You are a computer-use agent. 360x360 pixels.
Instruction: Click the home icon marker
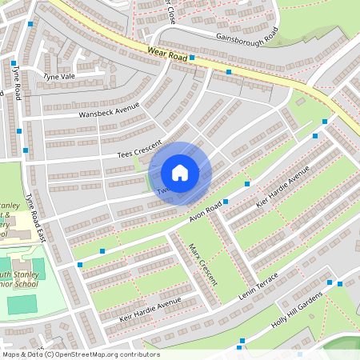[180, 173]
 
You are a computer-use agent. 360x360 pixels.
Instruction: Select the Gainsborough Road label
[246, 37]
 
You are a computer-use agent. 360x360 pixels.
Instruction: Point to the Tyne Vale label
[58, 76]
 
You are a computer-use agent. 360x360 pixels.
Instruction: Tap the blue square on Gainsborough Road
[192, 58]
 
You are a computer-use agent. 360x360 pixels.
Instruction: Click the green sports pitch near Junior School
[23, 304]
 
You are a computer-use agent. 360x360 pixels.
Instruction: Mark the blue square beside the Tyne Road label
[14, 62]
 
